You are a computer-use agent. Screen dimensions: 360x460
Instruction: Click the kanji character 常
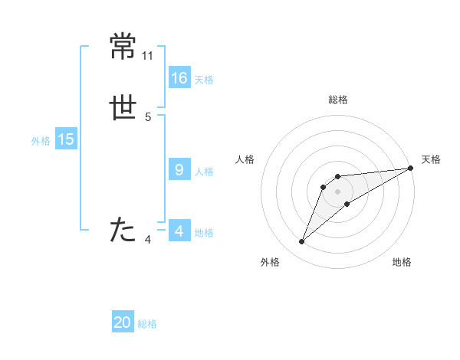(123, 47)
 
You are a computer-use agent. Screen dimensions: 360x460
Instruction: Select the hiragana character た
(123, 230)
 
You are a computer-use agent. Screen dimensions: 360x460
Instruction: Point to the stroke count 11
(148, 56)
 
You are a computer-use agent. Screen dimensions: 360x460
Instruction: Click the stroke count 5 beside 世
(148, 117)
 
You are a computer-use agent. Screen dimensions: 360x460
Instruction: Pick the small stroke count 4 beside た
(148, 240)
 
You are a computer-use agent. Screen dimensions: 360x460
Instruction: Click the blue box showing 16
(179, 78)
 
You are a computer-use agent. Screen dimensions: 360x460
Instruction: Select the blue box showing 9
(179, 170)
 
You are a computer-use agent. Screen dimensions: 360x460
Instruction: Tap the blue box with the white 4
(179, 231)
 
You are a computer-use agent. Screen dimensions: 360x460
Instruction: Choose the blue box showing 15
(65, 139)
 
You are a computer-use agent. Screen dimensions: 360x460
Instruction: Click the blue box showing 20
(123, 322)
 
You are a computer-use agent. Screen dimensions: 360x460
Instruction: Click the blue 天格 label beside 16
(204, 80)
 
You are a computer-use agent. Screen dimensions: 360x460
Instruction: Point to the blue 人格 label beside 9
(204, 172)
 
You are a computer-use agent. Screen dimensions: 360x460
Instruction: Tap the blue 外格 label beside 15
(41, 141)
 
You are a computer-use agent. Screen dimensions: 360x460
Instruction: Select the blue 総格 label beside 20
(147, 324)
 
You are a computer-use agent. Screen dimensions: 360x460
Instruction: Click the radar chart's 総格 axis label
(337, 100)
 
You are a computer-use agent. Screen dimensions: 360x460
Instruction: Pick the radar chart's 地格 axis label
(402, 262)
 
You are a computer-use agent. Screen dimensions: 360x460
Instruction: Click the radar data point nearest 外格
(301, 242)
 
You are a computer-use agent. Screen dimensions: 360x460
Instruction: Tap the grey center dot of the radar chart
(337, 191)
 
